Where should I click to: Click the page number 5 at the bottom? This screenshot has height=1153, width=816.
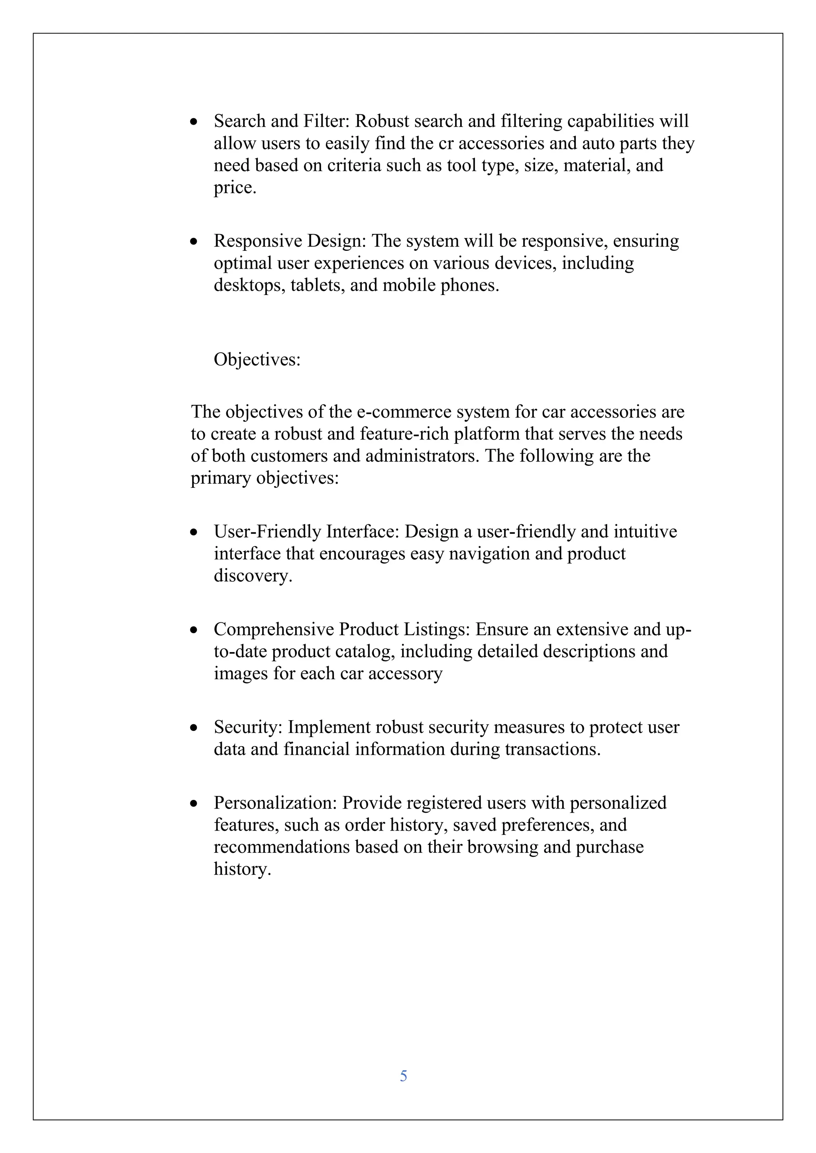pos(404,1076)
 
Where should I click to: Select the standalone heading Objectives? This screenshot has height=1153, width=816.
pos(257,360)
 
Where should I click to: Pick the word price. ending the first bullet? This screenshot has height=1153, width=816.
pos(235,188)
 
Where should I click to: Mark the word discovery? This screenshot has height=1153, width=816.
pos(253,575)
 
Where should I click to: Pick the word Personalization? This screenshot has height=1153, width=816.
pos(275,803)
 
